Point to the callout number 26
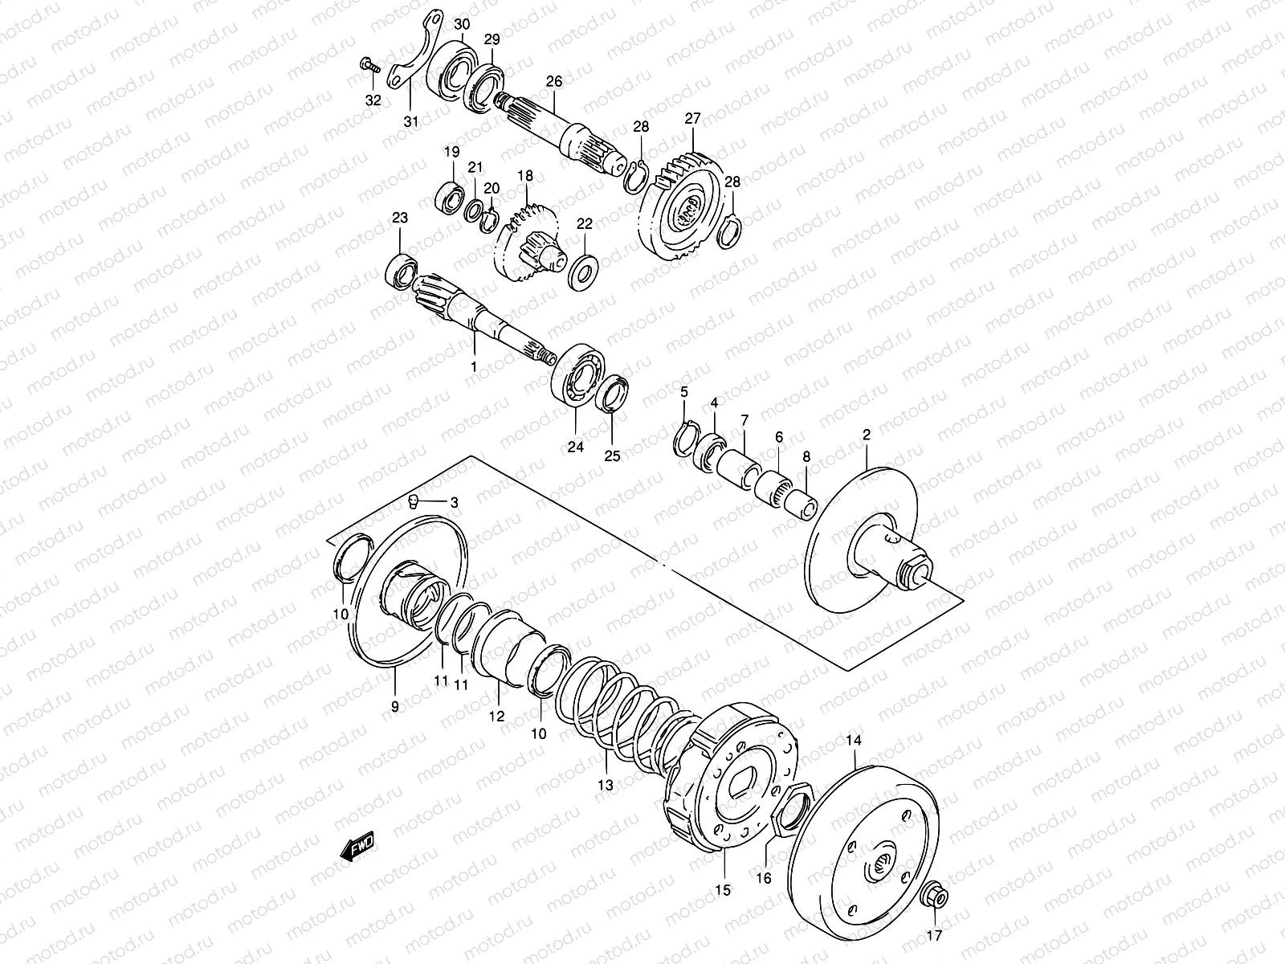point(554,81)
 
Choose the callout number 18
point(525,176)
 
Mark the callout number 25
point(613,456)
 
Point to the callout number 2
point(867,435)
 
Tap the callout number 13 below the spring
point(605,785)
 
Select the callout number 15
point(723,889)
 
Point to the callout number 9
point(394,706)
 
